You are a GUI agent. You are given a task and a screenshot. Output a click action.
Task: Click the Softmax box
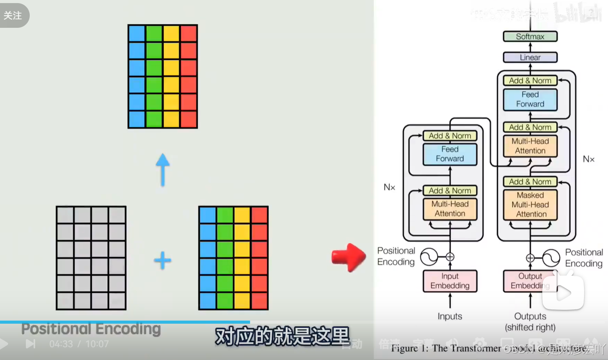530,37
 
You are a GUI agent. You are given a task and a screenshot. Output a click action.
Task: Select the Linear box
530,58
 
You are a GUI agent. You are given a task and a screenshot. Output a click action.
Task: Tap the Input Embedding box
450,281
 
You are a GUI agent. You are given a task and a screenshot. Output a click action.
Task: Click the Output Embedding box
530,281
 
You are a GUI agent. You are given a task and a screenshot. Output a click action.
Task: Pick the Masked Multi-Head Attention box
530,205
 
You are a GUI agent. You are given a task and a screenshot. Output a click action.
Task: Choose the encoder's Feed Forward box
450,154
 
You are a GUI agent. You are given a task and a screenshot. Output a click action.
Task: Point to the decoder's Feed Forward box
530,99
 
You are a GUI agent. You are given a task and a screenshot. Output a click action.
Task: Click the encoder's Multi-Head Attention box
450,209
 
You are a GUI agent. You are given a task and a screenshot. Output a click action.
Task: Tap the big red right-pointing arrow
348,257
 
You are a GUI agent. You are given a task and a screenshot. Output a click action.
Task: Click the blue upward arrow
163,170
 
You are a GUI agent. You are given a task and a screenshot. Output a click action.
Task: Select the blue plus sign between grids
163,260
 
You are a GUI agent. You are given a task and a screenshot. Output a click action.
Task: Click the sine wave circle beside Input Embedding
429,257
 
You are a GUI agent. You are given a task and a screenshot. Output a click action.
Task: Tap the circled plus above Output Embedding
530,258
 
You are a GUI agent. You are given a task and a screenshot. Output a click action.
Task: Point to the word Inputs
450,316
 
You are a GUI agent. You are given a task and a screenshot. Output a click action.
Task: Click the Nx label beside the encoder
389,187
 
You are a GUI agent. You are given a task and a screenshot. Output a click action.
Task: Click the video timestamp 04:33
61,344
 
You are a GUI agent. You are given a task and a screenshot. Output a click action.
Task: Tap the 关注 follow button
13,15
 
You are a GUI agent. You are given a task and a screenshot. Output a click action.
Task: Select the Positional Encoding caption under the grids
91,329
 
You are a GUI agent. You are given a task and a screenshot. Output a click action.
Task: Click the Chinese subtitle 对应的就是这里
282,336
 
